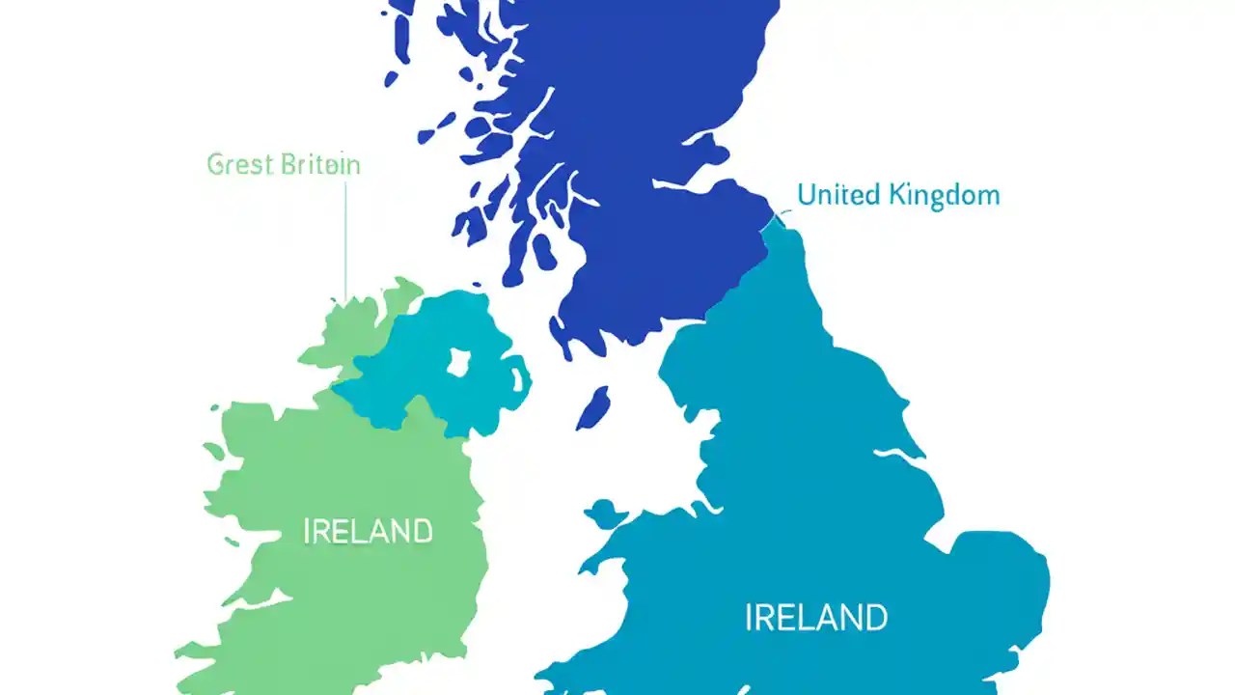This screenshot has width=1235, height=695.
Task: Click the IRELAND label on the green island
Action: point(368,532)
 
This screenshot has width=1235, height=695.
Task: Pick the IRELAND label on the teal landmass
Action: point(816,617)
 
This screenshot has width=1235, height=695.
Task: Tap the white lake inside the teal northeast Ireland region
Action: point(458,361)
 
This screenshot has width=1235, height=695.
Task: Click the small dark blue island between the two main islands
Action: point(591,406)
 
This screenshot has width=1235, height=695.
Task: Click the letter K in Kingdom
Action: point(898,196)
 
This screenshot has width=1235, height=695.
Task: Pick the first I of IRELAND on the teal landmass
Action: point(750,617)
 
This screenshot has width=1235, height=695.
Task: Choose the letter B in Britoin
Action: point(287,165)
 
